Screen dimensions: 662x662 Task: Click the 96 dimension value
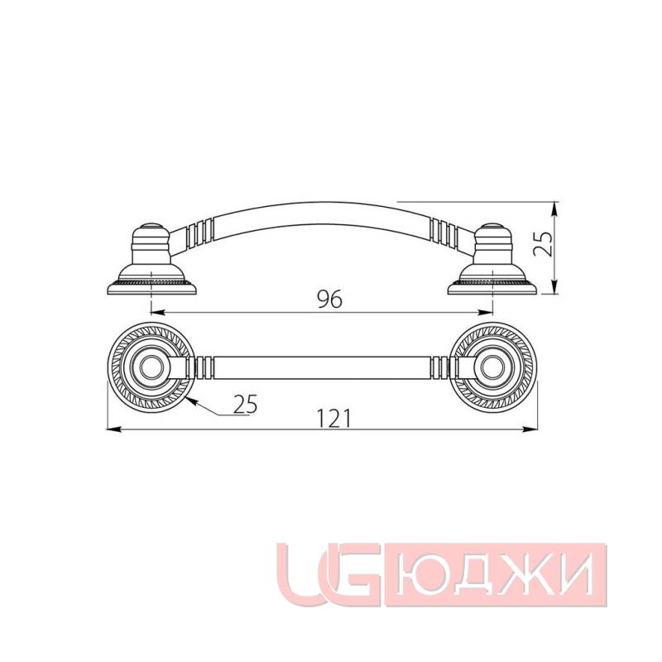click(329, 300)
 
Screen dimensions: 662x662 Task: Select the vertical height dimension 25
click(543, 246)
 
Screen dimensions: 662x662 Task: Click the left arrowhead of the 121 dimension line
click(114, 429)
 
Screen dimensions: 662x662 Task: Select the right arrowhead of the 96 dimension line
click(489, 313)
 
